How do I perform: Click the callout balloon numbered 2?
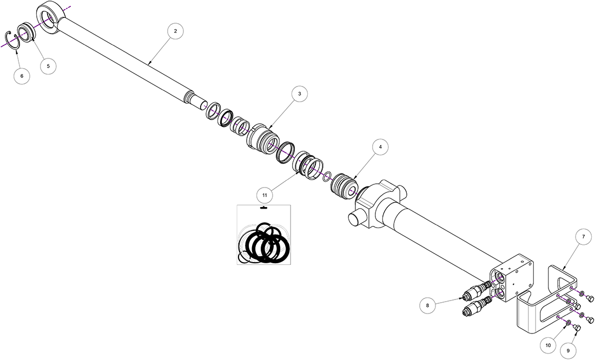(175, 31)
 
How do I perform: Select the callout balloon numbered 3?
(300, 94)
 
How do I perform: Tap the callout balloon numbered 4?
(380, 146)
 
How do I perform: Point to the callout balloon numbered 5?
(48, 66)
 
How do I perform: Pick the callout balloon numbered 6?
(22, 76)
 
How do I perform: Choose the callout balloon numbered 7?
(583, 237)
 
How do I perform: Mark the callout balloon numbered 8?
(428, 305)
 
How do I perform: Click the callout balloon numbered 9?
(568, 350)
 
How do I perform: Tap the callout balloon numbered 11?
(265, 195)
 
